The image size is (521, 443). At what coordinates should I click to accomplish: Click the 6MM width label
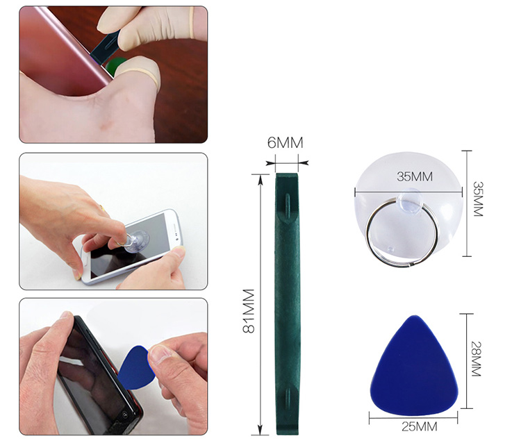286,142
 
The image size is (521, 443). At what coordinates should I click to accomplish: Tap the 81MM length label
249,311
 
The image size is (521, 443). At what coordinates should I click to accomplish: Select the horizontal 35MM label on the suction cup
415,176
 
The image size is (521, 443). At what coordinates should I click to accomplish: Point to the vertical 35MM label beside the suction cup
477,199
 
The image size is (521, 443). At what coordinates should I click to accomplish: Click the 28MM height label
476,359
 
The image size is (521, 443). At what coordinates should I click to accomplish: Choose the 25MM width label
419,426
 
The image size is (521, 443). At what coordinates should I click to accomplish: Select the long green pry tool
288,304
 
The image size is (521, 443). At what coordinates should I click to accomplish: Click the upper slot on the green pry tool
288,206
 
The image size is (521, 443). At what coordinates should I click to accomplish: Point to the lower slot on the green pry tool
288,399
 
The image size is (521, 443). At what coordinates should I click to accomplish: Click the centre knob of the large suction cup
410,200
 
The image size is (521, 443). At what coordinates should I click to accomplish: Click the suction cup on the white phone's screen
136,240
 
